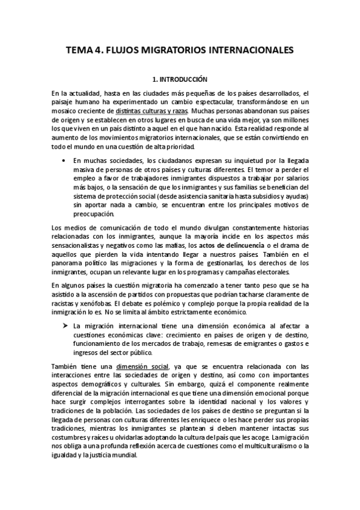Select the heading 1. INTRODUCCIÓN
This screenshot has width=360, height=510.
coord(180,79)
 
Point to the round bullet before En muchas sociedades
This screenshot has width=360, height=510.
coord(64,160)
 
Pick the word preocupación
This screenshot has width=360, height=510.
coord(93,214)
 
